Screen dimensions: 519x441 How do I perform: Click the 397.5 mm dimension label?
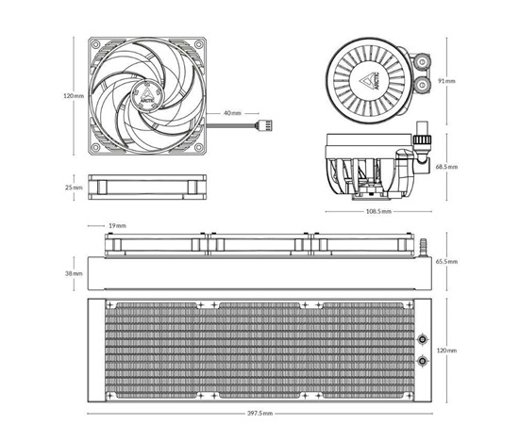click(259, 414)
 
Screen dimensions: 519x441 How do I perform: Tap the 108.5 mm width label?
click(378, 211)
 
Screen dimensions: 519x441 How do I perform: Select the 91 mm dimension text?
click(446, 81)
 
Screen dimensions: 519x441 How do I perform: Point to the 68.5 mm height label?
click(446, 167)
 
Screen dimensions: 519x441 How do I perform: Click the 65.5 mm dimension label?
click(446, 262)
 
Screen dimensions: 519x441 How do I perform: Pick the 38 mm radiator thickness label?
click(74, 273)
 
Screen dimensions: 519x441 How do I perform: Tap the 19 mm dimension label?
click(118, 226)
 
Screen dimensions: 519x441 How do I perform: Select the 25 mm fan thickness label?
click(74, 188)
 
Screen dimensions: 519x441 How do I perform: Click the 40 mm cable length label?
click(233, 113)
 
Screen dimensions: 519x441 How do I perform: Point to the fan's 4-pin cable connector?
click(264, 125)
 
